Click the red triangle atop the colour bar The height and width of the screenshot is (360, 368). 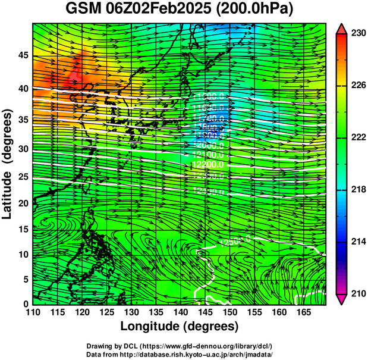click(342, 29)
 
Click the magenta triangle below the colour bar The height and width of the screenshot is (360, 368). click(342, 299)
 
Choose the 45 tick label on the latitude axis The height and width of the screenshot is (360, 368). click(23, 55)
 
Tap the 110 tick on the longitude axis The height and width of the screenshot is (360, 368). click(33, 312)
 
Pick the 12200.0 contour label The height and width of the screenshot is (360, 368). click(207, 164)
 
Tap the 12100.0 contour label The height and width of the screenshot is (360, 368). click(207, 155)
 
